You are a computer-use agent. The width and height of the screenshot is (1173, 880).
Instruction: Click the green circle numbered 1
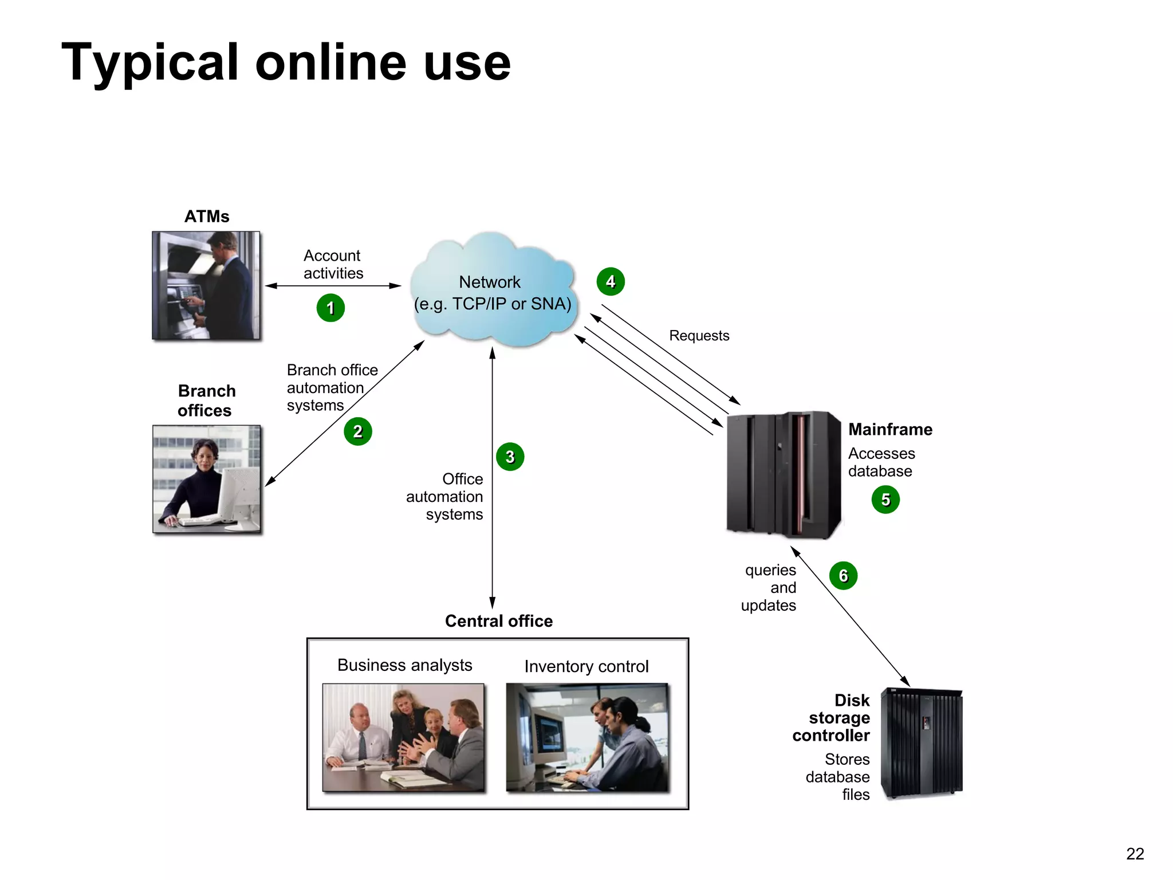pos(330,308)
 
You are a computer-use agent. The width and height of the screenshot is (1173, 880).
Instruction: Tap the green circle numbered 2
pos(358,431)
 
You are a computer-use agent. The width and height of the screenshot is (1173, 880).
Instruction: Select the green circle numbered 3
pos(510,457)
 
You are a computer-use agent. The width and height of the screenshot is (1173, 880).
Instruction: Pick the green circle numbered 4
pos(611,282)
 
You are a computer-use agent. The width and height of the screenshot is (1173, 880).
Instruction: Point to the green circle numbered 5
pos(885,500)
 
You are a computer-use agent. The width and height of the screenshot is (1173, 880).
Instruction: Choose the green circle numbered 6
pos(843,575)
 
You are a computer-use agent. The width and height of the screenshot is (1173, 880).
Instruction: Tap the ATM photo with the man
pos(206,285)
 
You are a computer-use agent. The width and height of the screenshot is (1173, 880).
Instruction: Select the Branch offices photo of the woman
pos(207,479)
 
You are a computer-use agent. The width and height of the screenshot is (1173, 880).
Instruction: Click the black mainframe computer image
pos(784,474)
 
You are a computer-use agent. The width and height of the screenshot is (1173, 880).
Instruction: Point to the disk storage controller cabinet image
pos(922,744)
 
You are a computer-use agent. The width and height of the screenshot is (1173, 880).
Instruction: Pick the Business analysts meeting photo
pos(403,737)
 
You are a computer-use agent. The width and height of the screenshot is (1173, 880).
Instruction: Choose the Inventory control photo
pos(587,737)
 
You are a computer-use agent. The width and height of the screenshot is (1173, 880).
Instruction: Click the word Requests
pos(699,336)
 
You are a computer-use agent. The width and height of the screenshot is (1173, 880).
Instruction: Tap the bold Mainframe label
pos(890,430)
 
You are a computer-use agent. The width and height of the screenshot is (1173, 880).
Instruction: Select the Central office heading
pos(498,621)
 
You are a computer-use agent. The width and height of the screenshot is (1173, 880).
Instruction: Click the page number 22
pos(1135,854)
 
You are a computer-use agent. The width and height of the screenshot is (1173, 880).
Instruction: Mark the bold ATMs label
pos(207,217)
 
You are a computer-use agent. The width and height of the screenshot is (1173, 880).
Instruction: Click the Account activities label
pos(333,264)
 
